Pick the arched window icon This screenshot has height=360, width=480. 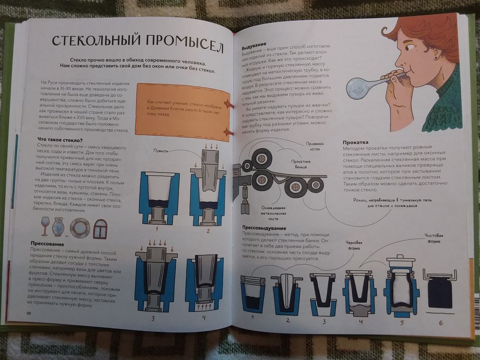tap(100, 228)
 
